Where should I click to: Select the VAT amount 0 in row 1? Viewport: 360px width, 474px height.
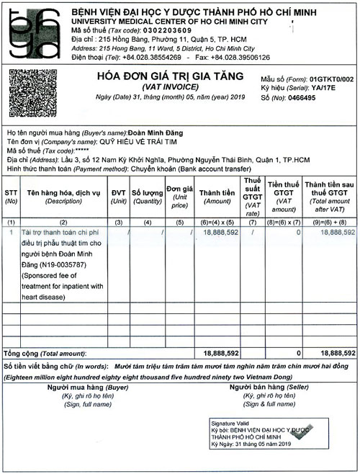pyautogui.click(x=297, y=233)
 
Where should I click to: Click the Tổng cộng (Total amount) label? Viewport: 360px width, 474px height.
pyautogui.click(x=45, y=354)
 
